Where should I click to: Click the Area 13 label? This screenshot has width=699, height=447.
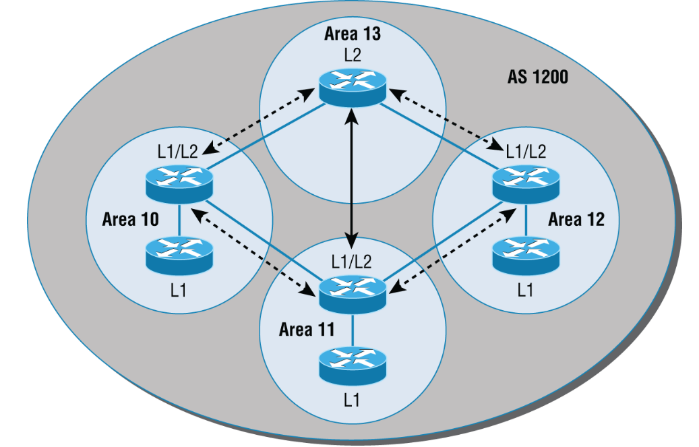tap(353, 35)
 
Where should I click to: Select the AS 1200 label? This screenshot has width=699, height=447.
tap(537, 78)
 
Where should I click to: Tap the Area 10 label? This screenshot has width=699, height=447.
tap(129, 219)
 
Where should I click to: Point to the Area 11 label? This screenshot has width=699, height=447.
tap(305, 330)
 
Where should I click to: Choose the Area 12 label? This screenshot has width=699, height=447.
tap(576, 219)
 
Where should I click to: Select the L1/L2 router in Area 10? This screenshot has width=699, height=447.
tap(179, 184)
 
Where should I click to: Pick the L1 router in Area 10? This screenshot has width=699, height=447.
tap(179, 252)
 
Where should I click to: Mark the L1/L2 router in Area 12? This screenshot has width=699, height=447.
tap(526, 184)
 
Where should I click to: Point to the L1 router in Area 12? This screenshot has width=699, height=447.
tap(526, 252)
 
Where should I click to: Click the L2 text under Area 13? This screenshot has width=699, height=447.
tap(353, 54)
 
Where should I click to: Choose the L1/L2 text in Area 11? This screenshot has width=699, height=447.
tap(352, 260)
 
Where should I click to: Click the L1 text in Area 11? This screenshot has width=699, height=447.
tap(351, 399)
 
